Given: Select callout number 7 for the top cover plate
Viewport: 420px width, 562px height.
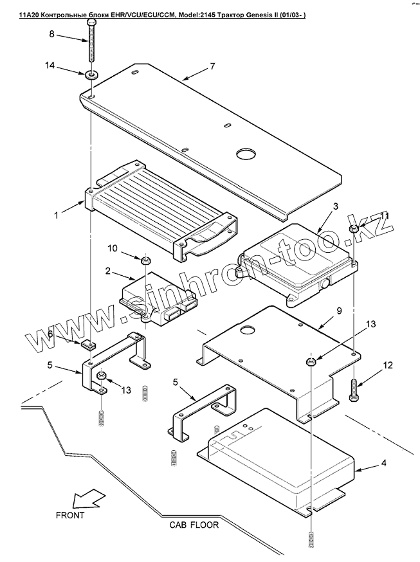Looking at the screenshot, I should point(212,67).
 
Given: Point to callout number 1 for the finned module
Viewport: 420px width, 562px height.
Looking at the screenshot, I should point(57,216).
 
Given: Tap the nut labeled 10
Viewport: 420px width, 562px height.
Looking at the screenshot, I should point(146,260).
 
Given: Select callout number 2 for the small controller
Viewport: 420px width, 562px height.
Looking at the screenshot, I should point(109,271).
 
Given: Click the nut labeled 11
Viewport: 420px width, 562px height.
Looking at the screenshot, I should point(354,229).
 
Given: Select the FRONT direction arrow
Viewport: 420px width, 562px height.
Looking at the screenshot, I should point(87,499).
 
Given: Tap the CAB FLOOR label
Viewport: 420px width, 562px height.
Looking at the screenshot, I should point(194,525).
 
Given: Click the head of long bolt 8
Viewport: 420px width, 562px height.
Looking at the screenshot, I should point(92,24).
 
